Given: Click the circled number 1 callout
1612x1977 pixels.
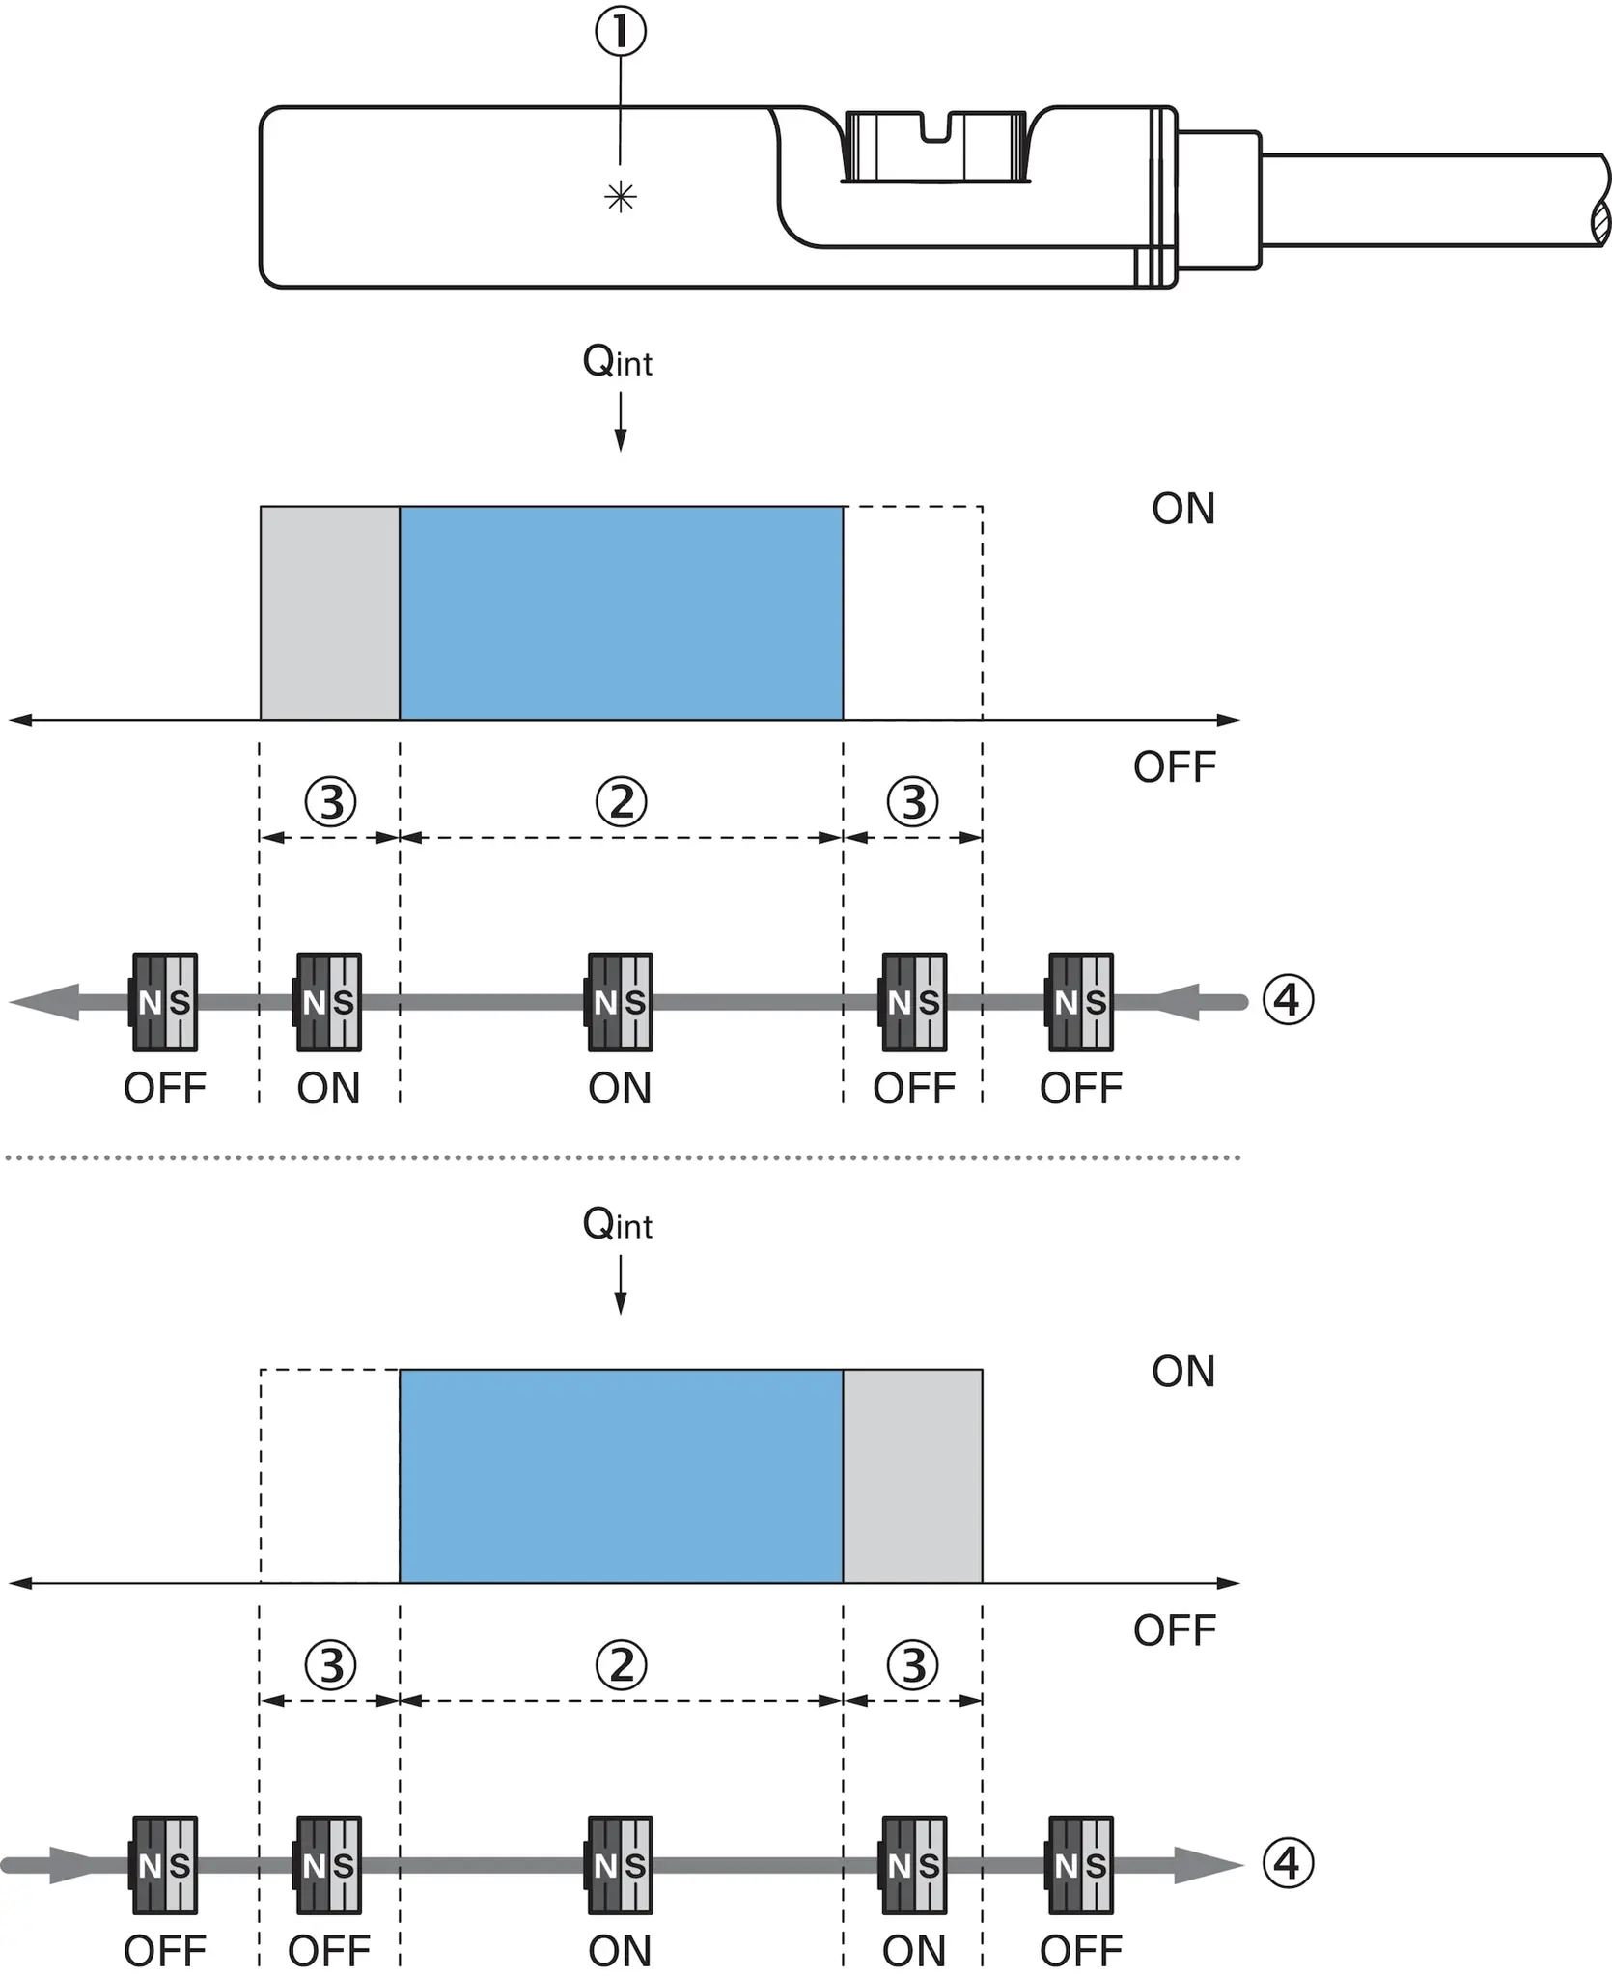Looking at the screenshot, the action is click(x=620, y=31).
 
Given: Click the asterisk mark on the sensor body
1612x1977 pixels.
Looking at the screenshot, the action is click(x=620, y=198).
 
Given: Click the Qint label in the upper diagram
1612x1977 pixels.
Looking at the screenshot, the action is click(x=618, y=362).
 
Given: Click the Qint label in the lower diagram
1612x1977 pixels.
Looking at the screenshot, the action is click(x=618, y=1224).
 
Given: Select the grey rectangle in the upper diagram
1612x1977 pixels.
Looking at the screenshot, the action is click(x=330, y=613).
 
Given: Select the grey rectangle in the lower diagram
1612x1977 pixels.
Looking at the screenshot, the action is click(x=913, y=1476).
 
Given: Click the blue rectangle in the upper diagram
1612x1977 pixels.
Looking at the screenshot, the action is click(x=622, y=613).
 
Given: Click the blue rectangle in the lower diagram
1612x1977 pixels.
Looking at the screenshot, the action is click(x=622, y=1476).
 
